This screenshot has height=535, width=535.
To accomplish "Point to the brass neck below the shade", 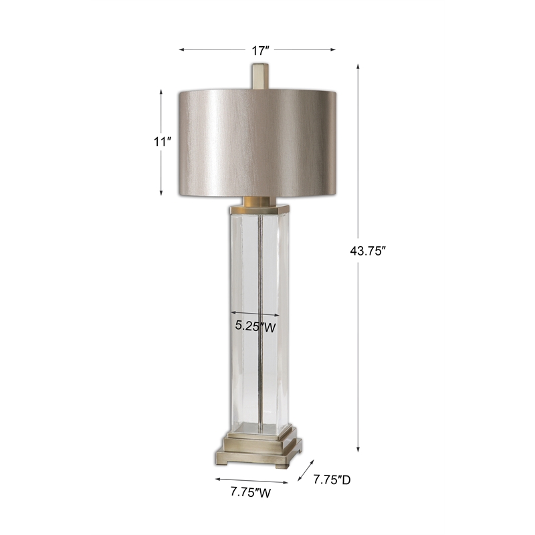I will click(257, 200).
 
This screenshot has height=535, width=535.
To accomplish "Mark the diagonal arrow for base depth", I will click(305, 471).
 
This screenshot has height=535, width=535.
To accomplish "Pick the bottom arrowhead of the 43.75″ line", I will click(358, 450).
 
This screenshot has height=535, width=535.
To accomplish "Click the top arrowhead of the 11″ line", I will click(161, 91).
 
